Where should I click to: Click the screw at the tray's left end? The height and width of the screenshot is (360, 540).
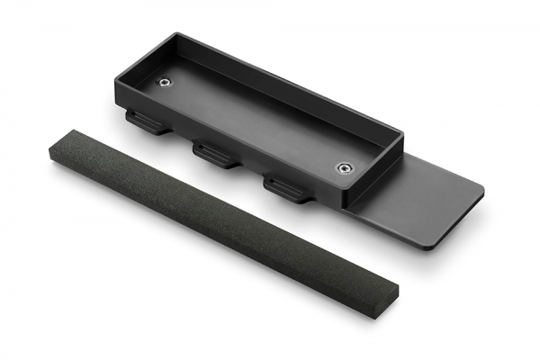tap(165, 83)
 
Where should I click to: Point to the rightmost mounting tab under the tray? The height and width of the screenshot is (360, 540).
tap(286, 189)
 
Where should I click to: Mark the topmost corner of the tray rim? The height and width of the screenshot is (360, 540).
tap(176, 35)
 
